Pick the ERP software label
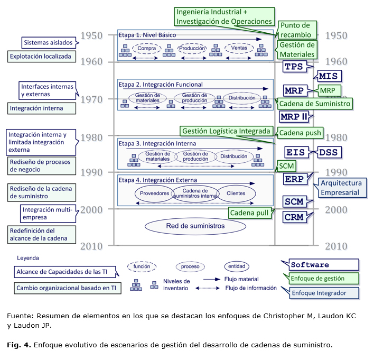coord(294,179)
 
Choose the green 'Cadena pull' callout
coord(250,213)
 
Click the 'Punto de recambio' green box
coord(298,29)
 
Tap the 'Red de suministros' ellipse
coord(195,226)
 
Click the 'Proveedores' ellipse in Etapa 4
coord(155,193)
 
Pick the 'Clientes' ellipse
coord(236,193)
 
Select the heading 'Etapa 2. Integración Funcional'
coord(161,85)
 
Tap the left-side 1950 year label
coord(91,36)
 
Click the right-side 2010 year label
coord(336,246)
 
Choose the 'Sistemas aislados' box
coord(48,42)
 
